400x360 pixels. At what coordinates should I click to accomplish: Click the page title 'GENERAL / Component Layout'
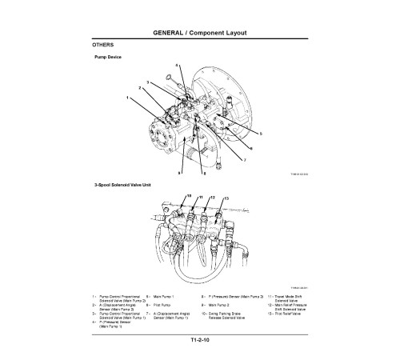199,33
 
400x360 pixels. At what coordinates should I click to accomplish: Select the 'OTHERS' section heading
105,46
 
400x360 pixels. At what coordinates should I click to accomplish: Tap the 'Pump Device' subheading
109,58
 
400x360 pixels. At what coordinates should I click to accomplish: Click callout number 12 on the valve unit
213,196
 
